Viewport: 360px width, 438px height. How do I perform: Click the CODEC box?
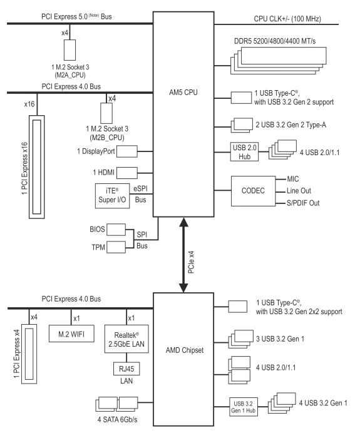point(253,191)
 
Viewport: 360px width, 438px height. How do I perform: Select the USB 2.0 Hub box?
point(244,151)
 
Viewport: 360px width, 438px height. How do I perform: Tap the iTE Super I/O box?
point(112,196)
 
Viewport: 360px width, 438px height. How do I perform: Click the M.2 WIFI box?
point(71,334)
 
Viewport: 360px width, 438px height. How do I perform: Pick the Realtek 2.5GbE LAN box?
point(126,339)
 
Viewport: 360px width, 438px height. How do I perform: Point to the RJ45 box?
point(126,369)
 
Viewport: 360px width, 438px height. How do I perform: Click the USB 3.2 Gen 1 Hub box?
point(244,407)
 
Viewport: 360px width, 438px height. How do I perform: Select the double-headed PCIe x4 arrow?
point(183,255)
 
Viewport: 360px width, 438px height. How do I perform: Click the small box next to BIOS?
point(116,230)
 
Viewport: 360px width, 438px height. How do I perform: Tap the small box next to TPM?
point(116,247)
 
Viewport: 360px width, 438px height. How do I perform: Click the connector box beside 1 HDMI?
point(127,173)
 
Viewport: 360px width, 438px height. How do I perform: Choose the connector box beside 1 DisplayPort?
point(127,151)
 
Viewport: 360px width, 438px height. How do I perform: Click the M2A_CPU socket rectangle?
point(69,49)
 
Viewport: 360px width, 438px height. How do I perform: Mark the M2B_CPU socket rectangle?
point(106,113)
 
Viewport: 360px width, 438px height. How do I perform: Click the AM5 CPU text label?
point(183,93)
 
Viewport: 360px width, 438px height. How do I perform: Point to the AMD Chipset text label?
point(185,350)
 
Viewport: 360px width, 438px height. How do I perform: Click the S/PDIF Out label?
point(303,203)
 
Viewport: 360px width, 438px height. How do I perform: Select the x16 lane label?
point(29,104)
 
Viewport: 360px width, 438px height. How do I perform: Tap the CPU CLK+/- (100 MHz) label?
point(287,19)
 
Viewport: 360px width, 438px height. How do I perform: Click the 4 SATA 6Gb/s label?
point(118,420)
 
